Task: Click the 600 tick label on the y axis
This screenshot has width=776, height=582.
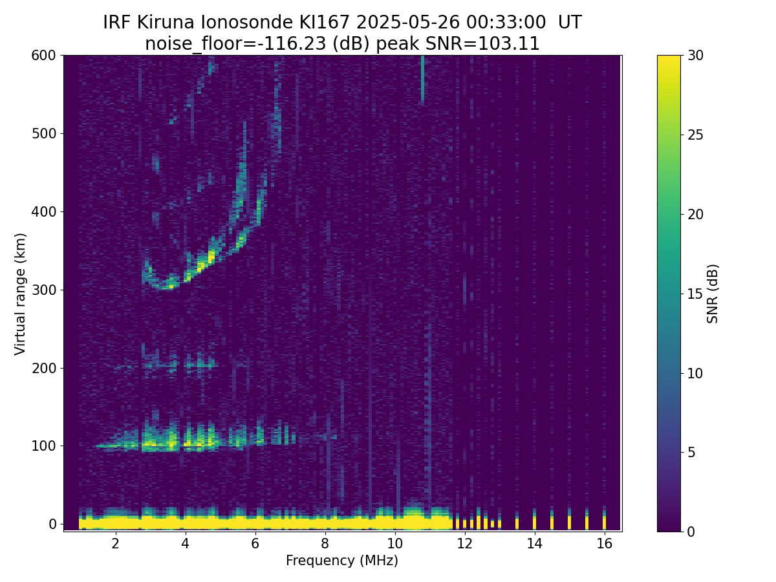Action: click(x=43, y=56)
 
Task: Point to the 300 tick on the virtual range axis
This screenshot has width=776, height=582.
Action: click(x=61, y=290)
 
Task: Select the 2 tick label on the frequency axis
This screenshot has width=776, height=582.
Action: click(x=115, y=543)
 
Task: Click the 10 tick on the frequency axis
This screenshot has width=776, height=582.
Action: click(x=394, y=533)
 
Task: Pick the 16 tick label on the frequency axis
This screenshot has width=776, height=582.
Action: click(x=604, y=543)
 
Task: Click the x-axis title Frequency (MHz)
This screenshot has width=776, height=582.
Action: click(x=342, y=561)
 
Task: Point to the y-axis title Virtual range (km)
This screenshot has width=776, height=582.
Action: click(x=20, y=294)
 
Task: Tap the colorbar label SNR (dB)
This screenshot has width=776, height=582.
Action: click(x=712, y=294)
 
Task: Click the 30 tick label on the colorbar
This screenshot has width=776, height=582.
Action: click(x=695, y=56)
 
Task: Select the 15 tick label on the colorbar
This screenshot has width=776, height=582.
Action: click(x=695, y=294)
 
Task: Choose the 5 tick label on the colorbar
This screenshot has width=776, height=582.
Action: click(x=691, y=452)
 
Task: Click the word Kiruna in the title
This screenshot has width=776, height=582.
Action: click(x=166, y=23)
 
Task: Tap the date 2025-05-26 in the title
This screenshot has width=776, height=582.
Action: click(x=407, y=23)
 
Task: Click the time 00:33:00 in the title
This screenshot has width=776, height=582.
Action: click(x=506, y=23)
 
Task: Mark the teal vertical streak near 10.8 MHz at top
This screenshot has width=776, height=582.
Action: click(x=422, y=80)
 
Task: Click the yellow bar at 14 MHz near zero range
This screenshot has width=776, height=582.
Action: click(x=534, y=519)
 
